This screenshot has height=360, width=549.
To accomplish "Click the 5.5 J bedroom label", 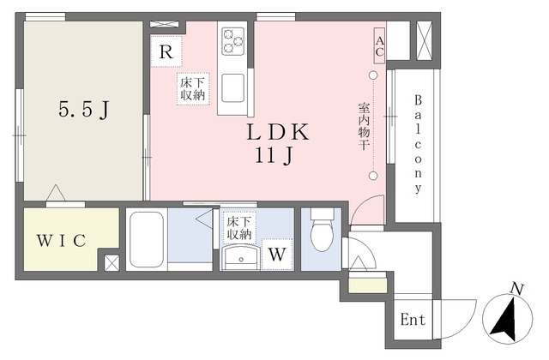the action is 84,110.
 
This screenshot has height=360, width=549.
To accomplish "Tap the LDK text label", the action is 278,132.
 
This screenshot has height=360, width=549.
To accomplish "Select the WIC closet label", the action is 62,240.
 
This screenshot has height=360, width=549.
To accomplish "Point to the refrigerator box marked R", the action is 166,51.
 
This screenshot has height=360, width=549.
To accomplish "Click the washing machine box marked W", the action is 277,255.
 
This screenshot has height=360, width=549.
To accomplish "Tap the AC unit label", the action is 379,46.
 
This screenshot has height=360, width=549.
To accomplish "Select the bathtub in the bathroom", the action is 147,239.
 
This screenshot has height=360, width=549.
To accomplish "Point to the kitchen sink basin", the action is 232,87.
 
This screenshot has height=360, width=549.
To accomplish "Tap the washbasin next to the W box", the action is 240,257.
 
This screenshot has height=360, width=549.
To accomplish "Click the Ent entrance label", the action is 413,320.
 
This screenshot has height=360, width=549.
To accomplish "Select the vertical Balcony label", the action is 418,144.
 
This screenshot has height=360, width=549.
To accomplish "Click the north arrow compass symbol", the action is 507,317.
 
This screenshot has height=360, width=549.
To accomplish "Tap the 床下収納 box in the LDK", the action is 193,89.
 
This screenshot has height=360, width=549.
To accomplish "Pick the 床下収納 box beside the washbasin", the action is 240,227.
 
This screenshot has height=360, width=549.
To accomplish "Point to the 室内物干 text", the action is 364,126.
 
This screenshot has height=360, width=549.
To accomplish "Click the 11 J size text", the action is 274,155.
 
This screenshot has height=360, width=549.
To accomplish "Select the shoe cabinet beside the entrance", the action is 368,285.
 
